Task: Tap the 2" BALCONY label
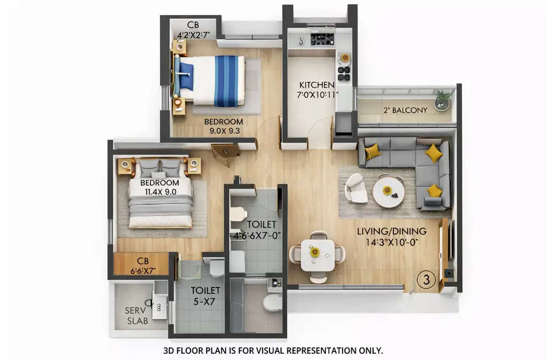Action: (405, 110)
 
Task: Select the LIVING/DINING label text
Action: (392, 232)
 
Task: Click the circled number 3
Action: (426, 281)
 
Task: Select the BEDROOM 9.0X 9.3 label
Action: (223, 126)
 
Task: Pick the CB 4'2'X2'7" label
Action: (193, 30)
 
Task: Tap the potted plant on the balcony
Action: (442, 99)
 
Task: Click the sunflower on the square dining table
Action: (314, 252)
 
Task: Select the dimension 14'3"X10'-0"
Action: (392, 242)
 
